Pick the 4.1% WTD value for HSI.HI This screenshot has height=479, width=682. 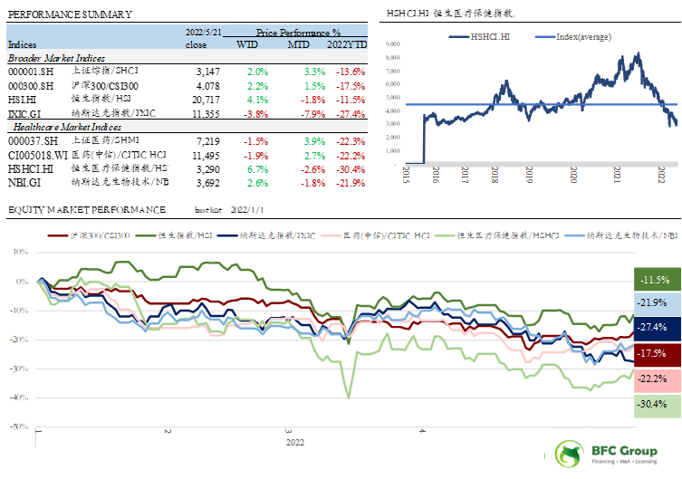pyautogui.click(x=257, y=99)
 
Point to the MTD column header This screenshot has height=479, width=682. pyautogui.click(x=299, y=44)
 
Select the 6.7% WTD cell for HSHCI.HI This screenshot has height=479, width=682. pyautogui.click(x=257, y=169)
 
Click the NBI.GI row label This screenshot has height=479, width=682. pyautogui.click(x=22, y=184)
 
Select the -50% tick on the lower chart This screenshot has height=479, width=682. pyautogui.click(x=20, y=426)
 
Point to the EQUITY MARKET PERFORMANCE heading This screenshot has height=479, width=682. pyautogui.click(x=86, y=211)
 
